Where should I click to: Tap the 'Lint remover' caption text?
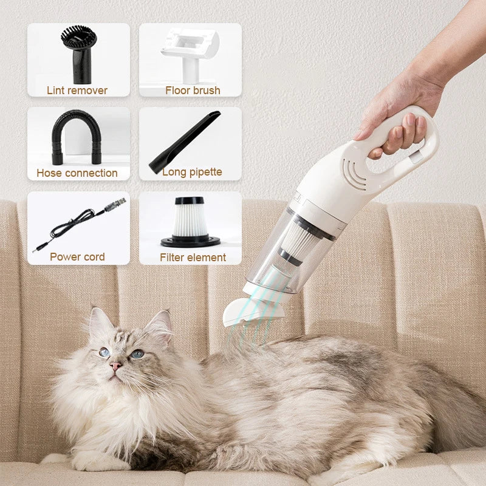(77, 91)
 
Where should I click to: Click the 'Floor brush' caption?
(193, 91)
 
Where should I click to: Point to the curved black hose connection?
(77, 137)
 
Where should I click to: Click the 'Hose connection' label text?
(77, 173)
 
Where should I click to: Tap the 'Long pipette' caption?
(192, 173)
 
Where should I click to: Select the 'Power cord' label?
(77, 256)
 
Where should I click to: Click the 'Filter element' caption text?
(193, 257)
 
